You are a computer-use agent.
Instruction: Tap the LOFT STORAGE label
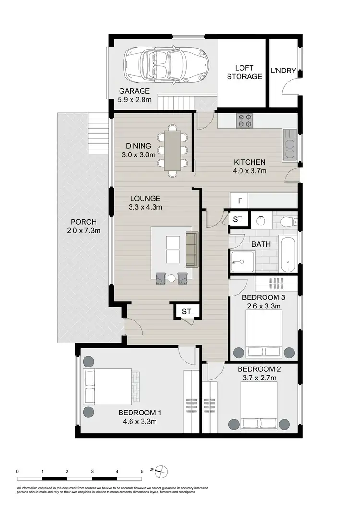point(244,72)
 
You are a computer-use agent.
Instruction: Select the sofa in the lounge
point(192,249)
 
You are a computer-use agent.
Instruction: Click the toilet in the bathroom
point(289,222)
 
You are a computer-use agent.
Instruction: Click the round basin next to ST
point(260,220)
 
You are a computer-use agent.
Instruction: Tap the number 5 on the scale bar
point(142,472)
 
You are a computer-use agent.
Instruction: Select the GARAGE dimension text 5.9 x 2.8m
point(135,100)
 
